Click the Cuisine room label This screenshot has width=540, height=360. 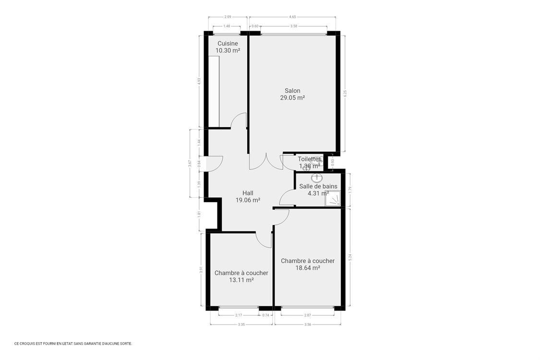(x=228, y=44)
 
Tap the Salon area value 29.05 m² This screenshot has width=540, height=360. (x=292, y=97)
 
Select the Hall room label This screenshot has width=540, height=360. (x=248, y=193)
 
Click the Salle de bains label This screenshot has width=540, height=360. (x=318, y=186)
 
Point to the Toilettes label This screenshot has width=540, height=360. (x=309, y=159)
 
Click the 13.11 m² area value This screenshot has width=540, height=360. (x=241, y=280)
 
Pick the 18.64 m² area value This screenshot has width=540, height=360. (x=308, y=268)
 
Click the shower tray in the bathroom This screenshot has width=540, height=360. (x=332, y=198)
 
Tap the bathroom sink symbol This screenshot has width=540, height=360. (x=317, y=178)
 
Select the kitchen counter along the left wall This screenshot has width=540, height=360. (x=214, y=91)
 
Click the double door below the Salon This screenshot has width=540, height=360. (x=266, y=162)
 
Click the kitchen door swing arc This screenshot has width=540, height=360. (x=238, y=120)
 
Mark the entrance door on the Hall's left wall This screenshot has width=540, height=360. (x=214, y=164)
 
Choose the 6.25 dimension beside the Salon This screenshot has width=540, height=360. (x=345, y=94)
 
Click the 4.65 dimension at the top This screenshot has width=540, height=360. (x=292, y=17)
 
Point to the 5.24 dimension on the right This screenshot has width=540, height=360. (x=350, y=257)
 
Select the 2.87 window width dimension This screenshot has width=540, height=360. (x=307, y=315)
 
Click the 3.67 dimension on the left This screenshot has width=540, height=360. (x=190, y=163)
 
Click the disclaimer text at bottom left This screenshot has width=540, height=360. (x=73, y=344)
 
